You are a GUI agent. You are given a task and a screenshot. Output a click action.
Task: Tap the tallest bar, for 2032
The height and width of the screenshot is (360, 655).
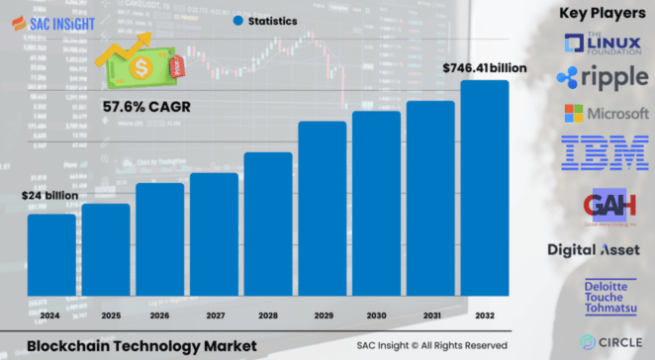[x=484, y=188]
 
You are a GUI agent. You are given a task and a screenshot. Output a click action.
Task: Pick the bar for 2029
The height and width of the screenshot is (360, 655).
[x=323, y=208]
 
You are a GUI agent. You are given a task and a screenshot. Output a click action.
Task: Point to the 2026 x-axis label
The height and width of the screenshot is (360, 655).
[x=160, y=316]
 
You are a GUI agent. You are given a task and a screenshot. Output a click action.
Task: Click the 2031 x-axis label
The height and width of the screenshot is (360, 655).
[x=430, y=316]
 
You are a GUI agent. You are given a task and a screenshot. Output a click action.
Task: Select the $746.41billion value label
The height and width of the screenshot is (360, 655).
[x=483, y=68]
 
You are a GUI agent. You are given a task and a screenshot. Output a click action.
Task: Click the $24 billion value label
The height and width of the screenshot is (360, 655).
[x=49, y=196]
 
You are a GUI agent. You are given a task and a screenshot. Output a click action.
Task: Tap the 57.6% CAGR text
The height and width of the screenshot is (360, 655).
[x=146, y=105]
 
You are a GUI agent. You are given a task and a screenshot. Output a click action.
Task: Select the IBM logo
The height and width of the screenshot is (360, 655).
[x=604, y=152]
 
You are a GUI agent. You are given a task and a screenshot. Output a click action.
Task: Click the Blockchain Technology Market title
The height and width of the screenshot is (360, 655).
[x=140, y=345]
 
